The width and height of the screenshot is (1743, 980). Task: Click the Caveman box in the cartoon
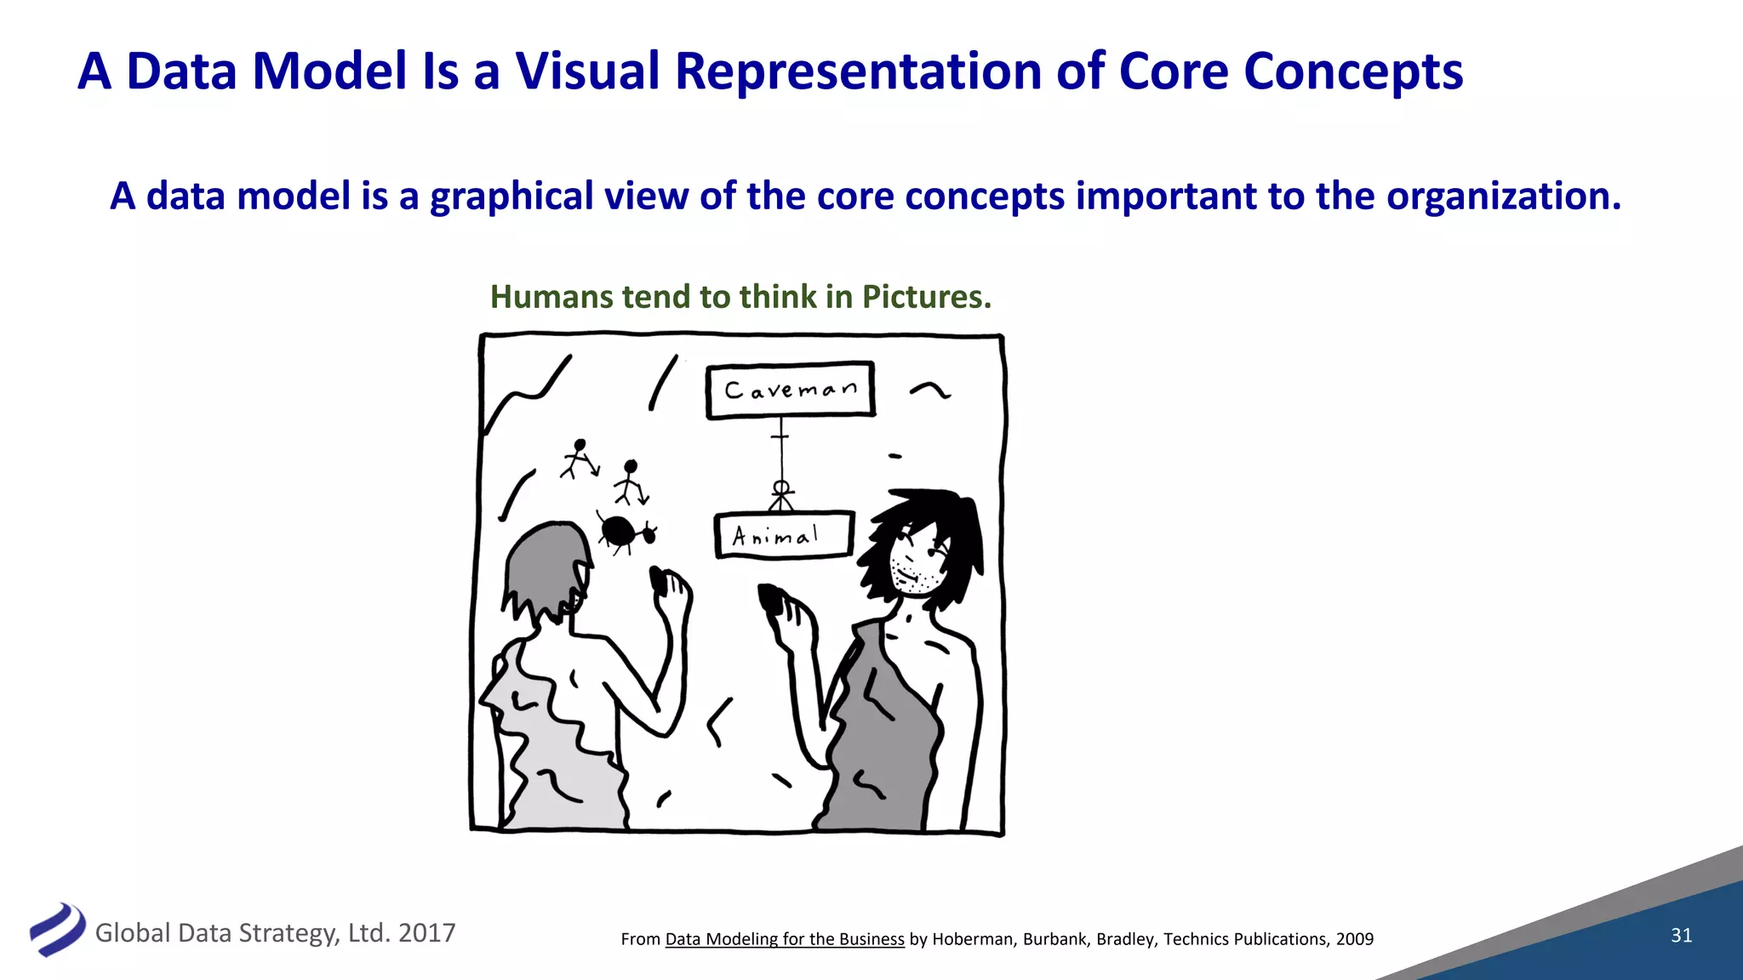click(x=790, y=390)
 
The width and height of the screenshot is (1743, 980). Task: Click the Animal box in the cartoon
click(x=783, y=535)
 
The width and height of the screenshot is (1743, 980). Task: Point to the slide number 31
click(x=1681, y=935)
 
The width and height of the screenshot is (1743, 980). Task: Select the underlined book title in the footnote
click(x=784, y=939)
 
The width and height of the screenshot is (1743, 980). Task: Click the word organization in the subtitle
click(x=1503, y=197)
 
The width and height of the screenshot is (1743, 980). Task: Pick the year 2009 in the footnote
click(x=1354, y=939)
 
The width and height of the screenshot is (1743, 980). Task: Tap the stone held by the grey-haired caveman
click(x=659, y=580)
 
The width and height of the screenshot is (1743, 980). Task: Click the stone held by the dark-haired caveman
click(x=771, y=597)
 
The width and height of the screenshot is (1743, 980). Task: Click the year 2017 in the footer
click(x=426, y=933)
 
